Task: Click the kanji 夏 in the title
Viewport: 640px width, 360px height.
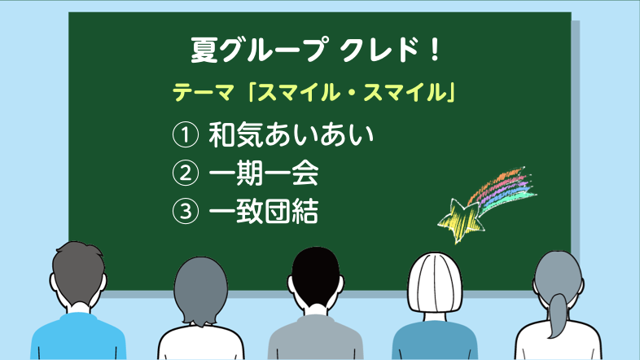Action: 204,50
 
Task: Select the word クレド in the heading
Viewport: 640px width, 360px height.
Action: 380,50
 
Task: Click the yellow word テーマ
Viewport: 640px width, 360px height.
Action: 203,92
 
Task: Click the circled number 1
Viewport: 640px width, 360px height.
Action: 186,135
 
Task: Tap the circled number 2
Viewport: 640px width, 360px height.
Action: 186,173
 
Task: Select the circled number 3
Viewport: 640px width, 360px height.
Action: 186,211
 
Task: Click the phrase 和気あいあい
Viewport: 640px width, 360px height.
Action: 291,134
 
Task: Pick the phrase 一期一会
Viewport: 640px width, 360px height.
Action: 264,173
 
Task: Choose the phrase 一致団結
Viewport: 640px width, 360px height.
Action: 264,211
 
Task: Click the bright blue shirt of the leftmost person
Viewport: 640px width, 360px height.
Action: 78,336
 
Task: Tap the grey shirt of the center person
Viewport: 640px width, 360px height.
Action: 315,339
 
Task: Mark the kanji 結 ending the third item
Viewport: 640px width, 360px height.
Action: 305,211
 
